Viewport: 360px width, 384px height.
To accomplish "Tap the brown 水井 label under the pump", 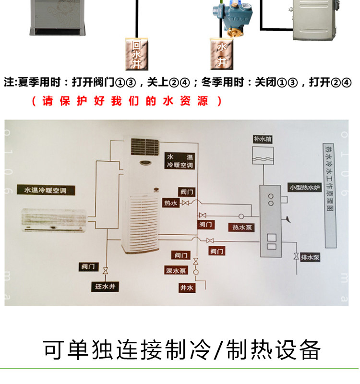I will [221, 54].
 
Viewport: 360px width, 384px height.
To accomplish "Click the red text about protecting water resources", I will [127, 101].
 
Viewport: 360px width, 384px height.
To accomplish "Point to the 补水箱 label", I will [264, 139].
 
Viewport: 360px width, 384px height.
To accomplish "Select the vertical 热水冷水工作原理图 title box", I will [330, 195].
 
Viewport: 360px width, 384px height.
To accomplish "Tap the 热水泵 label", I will [242, 228].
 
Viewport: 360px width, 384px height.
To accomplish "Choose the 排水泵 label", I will [310, 258].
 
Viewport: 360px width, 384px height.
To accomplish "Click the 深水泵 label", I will [176, 271].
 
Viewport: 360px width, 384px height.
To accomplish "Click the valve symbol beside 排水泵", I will [297, 257].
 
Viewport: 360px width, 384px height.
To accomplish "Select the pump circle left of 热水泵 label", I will [241, 217].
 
